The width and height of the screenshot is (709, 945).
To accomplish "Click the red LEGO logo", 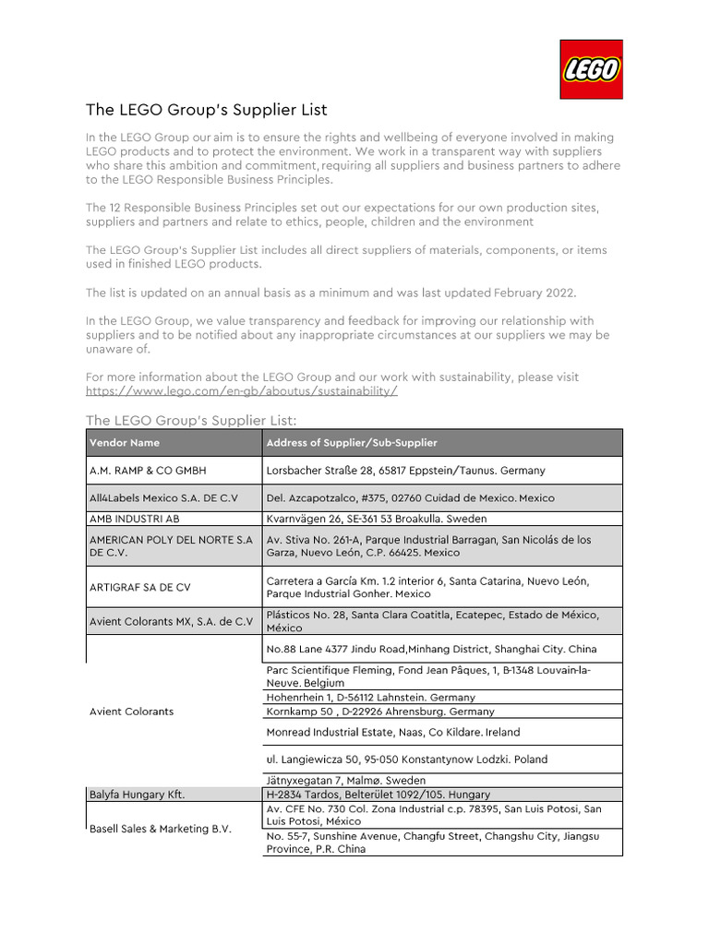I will click(591, 69).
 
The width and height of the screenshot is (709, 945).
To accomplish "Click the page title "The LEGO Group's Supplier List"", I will click(207, 110).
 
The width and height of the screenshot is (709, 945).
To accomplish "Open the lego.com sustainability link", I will click(242, 390).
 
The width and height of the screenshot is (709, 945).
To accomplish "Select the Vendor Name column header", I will click(125, 443).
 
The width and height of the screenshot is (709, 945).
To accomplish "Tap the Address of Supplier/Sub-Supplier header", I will click(352, 443).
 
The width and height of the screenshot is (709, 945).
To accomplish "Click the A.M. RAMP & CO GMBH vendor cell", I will click(148, 471).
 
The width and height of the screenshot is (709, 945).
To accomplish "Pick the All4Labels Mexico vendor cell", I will click(163, 498).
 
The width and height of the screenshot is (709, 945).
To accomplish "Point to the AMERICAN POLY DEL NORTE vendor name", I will click(171, 545).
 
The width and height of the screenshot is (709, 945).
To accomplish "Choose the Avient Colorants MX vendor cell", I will click(171, 621).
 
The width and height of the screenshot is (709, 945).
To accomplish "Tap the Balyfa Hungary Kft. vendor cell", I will click(135, 795).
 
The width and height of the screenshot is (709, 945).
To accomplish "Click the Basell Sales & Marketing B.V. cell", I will click(161, 829).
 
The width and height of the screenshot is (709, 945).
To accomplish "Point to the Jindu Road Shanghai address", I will click(430, 649).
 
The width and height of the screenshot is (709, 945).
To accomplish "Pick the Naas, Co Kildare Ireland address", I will click(392, 732).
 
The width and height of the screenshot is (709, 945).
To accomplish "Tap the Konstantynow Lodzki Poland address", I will click(406, 760).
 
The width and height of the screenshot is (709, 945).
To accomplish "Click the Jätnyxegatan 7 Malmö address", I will click(346, 781).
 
